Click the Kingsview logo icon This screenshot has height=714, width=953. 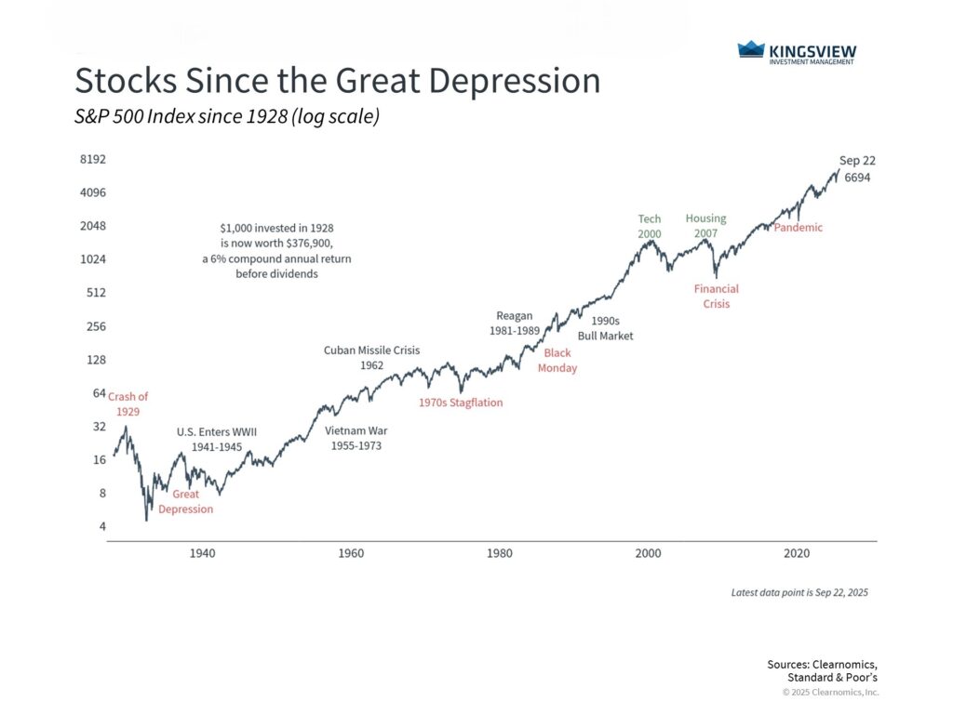click(750, 49)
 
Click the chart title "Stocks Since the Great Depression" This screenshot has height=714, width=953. click(337, 81)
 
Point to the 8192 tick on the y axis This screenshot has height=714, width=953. click(93, 159)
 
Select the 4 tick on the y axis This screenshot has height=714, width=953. click(101, 527)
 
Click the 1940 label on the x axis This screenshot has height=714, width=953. click(202, 553)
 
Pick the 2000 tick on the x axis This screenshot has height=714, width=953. click(648, 553)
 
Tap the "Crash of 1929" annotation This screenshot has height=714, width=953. click(128, 403)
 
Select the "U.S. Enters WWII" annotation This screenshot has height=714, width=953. click(217, 439)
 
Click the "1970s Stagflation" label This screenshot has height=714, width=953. click(460, 403)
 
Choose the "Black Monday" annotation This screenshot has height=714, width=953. click(557, 361)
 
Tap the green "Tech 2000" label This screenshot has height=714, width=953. click(650, 226)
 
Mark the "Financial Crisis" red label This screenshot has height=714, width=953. click(717, 297)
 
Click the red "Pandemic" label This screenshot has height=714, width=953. click(798, 228)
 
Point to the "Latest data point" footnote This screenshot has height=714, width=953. click(799, 592)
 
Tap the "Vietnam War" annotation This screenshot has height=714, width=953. click(356, 438)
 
